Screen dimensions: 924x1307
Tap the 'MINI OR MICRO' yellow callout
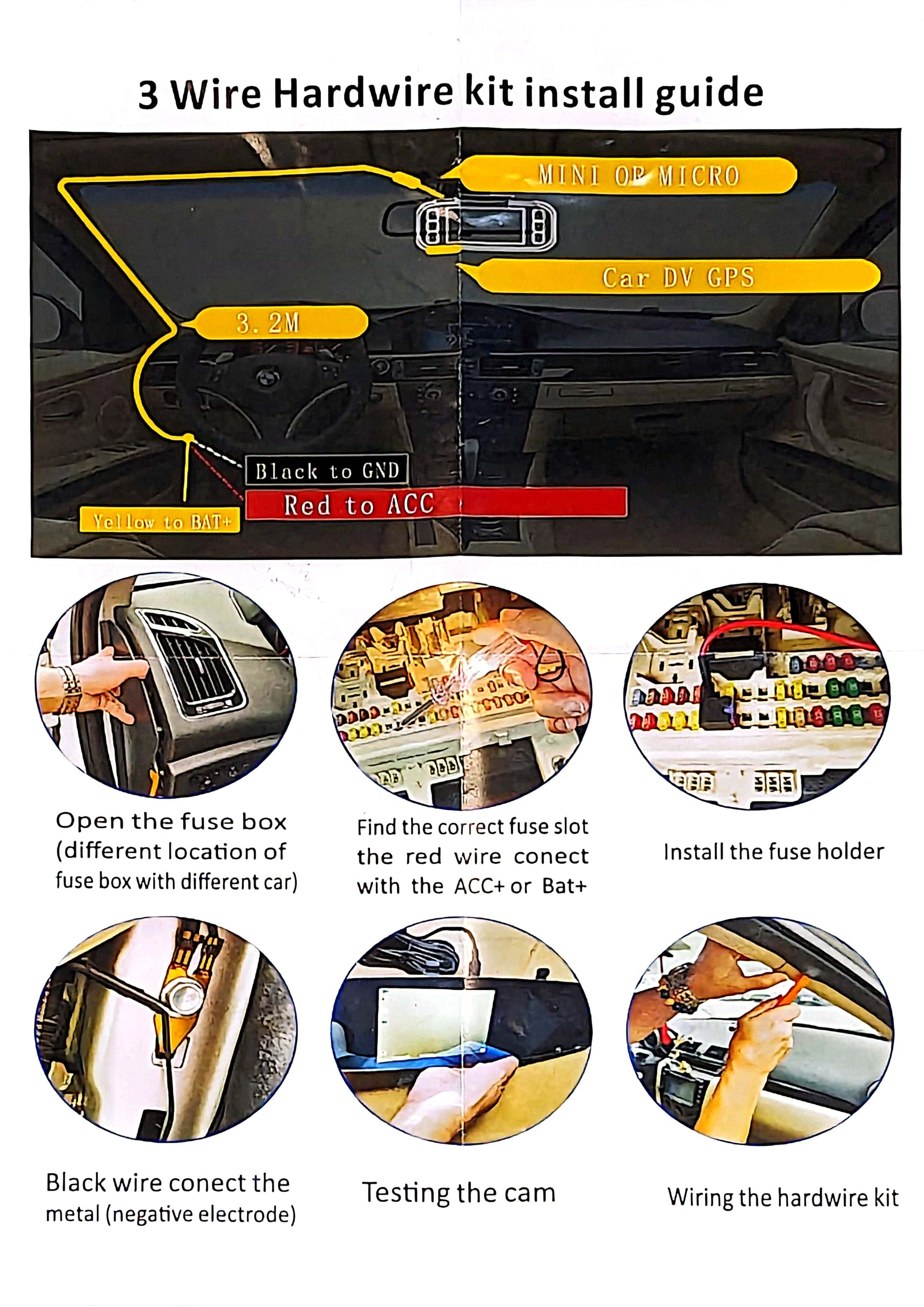click(626, 176)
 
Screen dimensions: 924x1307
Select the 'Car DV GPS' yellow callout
click(672, 277)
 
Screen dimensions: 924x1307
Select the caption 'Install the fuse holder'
click(774, 852)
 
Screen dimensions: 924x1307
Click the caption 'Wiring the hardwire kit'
click(783, 1197)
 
